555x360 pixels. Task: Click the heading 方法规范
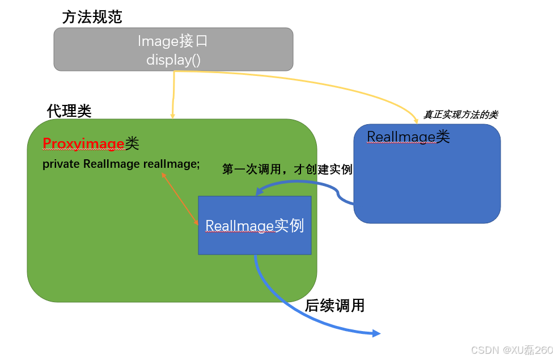(x=92, y=17)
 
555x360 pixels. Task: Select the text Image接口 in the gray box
(x=173, y=41)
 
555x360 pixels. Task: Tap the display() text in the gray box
(x=173, y=59)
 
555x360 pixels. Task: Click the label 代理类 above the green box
(x=69, y=111)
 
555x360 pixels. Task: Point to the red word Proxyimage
(x=83, y=144)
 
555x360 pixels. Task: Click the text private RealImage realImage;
(x=121, y=164)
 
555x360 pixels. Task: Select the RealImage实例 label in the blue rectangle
(x=255, y=226)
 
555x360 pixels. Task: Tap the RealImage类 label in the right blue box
(x=408, y=137)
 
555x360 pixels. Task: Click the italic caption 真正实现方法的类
(x=460, y=115)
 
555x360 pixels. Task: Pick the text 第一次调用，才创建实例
(x=287, y=170)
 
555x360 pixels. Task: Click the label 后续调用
(x=334, y=306)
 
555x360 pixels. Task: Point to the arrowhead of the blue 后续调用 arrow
(x=376, y=334)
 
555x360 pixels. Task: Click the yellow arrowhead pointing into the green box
(x=172, y=116)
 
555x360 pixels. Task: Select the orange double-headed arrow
(x=180, y=199)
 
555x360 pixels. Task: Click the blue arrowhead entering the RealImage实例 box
(x=259, y=193)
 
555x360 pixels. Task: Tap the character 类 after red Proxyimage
(x=132, y=144)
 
